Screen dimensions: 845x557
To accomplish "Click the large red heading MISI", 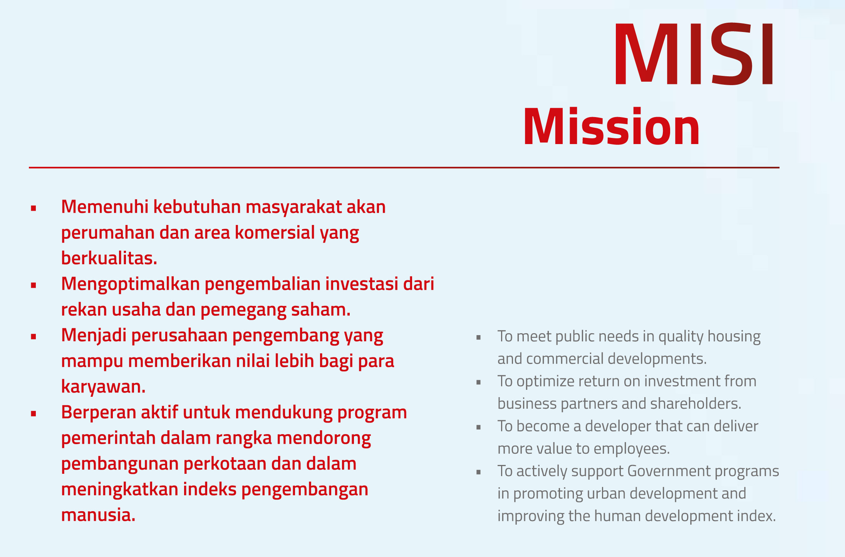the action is click(x=694, y=54).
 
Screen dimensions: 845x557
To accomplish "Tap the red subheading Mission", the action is click(x=612, y=126).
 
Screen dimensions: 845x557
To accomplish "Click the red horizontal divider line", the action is click(x=404, y=168).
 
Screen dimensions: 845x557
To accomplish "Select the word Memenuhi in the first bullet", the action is click(x=105, y=206).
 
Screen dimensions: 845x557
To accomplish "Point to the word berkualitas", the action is click(x=109, y=258).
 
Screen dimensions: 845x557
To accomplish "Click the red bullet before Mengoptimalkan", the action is click(x=34, y=285).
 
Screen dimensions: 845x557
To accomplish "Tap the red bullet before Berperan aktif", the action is click(x=34, y=414).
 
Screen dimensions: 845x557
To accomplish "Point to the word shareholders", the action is click(x=696, y=403).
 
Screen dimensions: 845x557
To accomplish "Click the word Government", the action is click(x=669, y=471).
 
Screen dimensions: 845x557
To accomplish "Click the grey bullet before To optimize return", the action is click(x=479, y=383).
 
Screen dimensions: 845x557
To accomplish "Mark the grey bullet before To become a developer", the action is click(x=479, y=428).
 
